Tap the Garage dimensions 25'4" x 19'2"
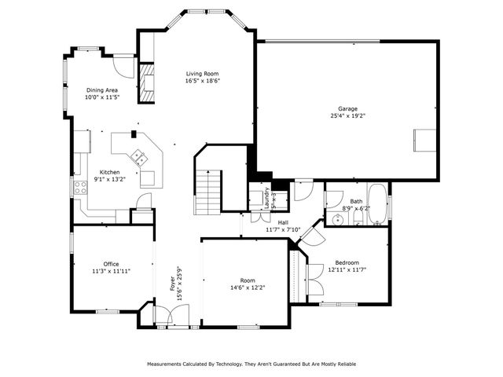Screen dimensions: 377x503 [348, 116]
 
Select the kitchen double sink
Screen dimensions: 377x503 [138, 156]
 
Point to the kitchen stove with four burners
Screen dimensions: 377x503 [80, 187]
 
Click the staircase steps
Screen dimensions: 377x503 [209, 188]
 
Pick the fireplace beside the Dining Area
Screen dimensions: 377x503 [146, 82]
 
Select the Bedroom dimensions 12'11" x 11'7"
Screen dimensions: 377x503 [347, 270]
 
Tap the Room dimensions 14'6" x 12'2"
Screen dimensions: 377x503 [248, 287]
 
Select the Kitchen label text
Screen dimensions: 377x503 [109, 172]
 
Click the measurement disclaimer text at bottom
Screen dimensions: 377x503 [251, 364]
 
